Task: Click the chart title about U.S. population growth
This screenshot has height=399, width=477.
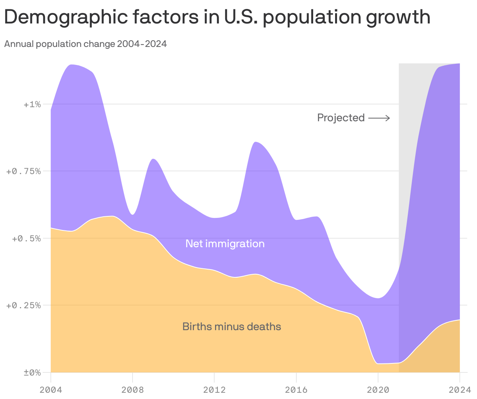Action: click(x=217, y=17)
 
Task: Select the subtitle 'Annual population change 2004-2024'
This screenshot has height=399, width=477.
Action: click(x=86, y=44)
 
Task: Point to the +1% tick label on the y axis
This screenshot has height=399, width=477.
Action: click(x=32, y=104)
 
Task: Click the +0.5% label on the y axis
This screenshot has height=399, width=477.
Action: click(x=25, y=238)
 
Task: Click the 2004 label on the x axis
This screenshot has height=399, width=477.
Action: click(x=51, y=390)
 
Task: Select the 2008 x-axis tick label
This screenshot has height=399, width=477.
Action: click(x=133, y=390)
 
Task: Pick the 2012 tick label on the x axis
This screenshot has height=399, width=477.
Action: click(x=214, y=390)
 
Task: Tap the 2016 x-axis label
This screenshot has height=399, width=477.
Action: click(x=296, y=390)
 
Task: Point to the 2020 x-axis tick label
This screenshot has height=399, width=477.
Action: click(x=378, y=390)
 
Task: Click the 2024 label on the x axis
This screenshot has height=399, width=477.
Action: click(x=459, y=390)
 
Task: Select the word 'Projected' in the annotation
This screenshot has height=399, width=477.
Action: click(x=341, y=118)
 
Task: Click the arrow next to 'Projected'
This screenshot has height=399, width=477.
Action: click(x=379, y=118)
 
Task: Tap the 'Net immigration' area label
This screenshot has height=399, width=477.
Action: click(x=225, y=244)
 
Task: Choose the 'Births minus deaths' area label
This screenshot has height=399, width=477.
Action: click(x=231, y=326)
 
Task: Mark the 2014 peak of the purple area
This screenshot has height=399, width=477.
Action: click(x=255, y=142)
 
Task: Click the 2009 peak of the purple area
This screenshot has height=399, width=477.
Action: click(x=153, y=159)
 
